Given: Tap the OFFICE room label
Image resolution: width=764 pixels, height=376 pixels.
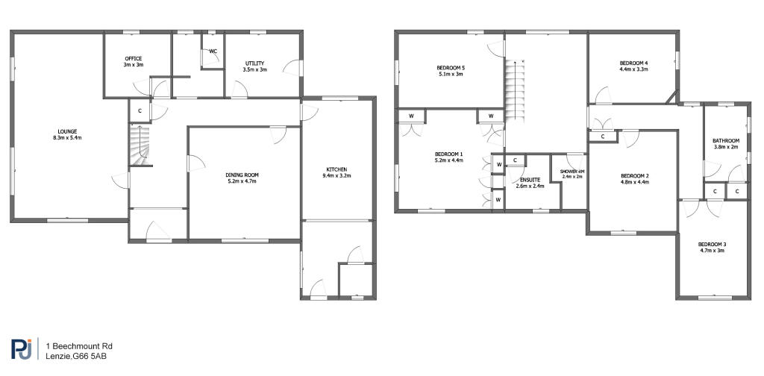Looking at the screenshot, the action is [x=133, y=58].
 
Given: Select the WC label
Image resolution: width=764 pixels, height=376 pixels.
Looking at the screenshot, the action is [x=213, y=51].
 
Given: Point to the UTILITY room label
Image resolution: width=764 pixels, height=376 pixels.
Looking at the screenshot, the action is [x=254, y=63].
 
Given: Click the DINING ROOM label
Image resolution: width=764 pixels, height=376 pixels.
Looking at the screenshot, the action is [x=242, y=175].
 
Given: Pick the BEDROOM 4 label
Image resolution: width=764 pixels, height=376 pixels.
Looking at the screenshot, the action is [x=633, y=63].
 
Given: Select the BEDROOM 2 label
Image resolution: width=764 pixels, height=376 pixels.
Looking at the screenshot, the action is [x=634, y=176].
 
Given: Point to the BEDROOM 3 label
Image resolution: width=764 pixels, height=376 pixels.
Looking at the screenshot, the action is [x=712, y=245].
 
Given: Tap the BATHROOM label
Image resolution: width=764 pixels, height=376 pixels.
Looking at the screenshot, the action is [x=726, y=141].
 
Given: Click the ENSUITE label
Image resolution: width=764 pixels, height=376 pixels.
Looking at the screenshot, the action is [x=526, y=180].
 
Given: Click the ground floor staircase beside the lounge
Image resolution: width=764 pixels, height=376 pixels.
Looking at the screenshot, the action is [x=140, y=145].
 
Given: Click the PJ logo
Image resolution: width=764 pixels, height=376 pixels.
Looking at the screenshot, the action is [x=22, y=349].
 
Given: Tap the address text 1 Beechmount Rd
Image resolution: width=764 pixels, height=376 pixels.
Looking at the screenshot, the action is [x=79, y=346].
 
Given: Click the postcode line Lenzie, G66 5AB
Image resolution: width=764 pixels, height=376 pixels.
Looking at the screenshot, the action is [x=77, y=357].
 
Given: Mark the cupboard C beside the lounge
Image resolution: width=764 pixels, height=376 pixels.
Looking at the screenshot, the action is [x=140, y=111].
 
